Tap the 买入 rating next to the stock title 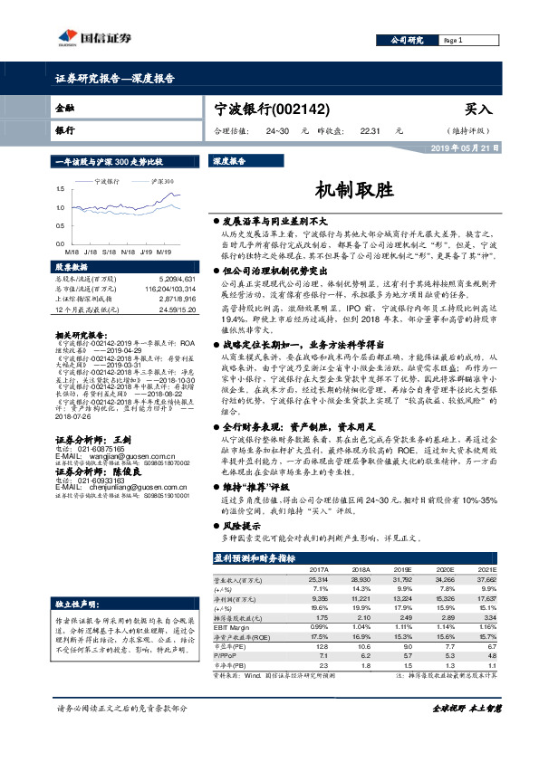[x=478, y=109]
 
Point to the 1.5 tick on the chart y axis [x=59, y=188]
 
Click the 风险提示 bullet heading [x=239, y=525]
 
